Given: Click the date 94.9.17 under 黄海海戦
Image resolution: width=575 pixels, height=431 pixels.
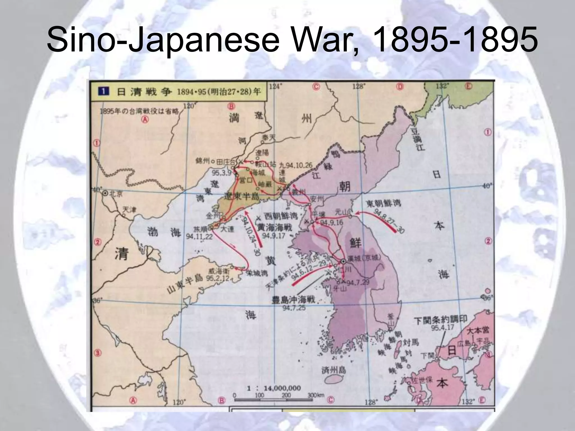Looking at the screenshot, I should [273, 235].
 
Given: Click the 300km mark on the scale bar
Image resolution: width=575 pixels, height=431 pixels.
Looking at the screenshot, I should [316, 395].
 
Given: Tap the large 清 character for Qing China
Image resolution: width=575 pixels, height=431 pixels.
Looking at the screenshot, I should [121, 254].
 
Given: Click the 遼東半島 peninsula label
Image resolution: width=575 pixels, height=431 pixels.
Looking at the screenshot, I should [242, 196].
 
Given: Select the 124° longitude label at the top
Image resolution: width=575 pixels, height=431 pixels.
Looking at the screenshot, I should [274, 86].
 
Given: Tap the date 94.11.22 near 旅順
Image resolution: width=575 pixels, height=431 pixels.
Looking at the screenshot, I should [199, 237].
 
